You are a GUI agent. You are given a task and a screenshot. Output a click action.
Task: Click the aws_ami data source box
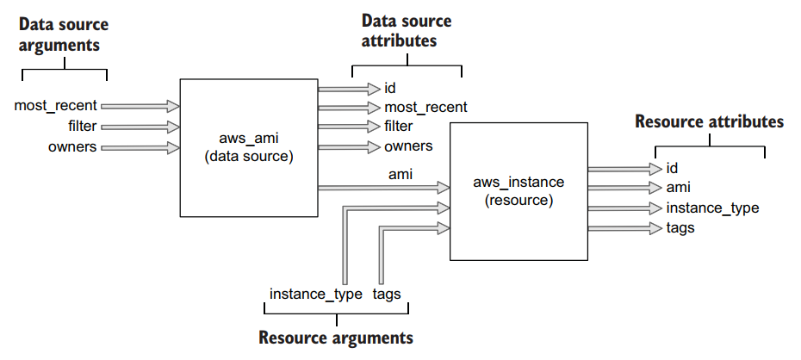(x=248, y=147)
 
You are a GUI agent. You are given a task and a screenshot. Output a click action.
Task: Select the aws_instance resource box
(x=518, y=191)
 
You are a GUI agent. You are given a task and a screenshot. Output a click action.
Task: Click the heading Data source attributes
(x=406, y=30)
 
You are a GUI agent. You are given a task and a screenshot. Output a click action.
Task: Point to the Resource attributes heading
(x=709, y=121)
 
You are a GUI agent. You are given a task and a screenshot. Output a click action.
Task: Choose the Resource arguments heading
(x=336, y=337)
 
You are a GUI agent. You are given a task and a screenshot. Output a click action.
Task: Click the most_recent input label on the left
(x=56, y=106)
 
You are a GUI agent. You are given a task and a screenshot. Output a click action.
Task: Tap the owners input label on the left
(x=72, y=147)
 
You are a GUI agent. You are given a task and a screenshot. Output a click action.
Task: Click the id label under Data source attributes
(x=390, y=88)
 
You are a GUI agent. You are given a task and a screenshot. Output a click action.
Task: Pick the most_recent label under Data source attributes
(x=425, y=108)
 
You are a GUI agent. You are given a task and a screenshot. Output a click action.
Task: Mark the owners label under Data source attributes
(x=408, y=146)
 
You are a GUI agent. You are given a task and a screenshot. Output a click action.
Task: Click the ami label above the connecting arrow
(x=400, y=174)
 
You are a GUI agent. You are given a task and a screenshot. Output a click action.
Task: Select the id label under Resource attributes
(x=672, y=168)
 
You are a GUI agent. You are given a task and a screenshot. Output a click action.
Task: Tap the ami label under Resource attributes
(x=679, y=187)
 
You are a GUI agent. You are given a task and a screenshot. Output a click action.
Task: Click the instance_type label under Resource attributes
(x=711, y=208)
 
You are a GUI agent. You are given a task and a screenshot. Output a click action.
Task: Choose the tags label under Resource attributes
(x=680, y=228)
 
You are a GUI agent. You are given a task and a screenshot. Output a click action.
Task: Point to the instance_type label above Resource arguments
(x=315, y=295)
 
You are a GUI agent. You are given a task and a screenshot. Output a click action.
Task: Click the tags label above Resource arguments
(x=387, y=295)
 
